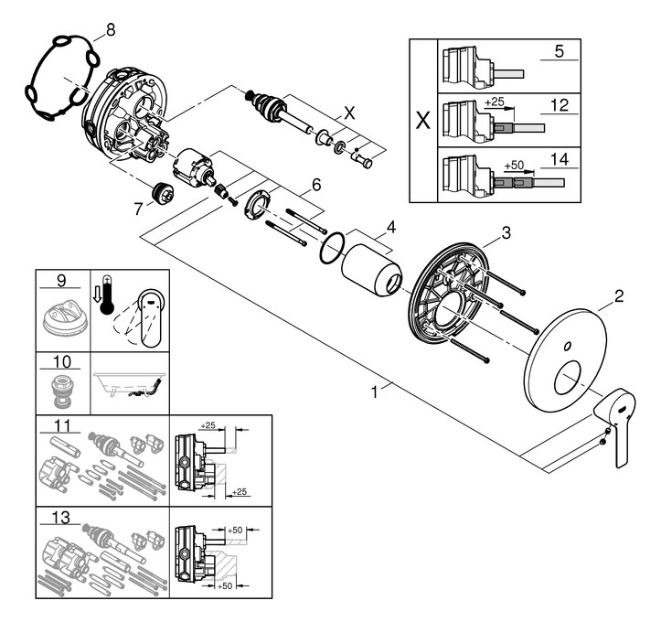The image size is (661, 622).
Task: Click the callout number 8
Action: [x=111, y=29]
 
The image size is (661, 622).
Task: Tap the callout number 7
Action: [x=138, y=209]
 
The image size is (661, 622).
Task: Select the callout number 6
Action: [x=315, y=185]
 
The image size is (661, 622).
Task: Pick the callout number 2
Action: [x=618, y=295]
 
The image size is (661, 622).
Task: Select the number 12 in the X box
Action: [x=560, y=106]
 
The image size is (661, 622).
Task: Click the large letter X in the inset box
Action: [x=422, y=121]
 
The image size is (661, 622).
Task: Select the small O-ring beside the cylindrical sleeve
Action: [x=333, y=247]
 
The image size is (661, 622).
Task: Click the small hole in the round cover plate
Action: [x=568, y=346]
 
